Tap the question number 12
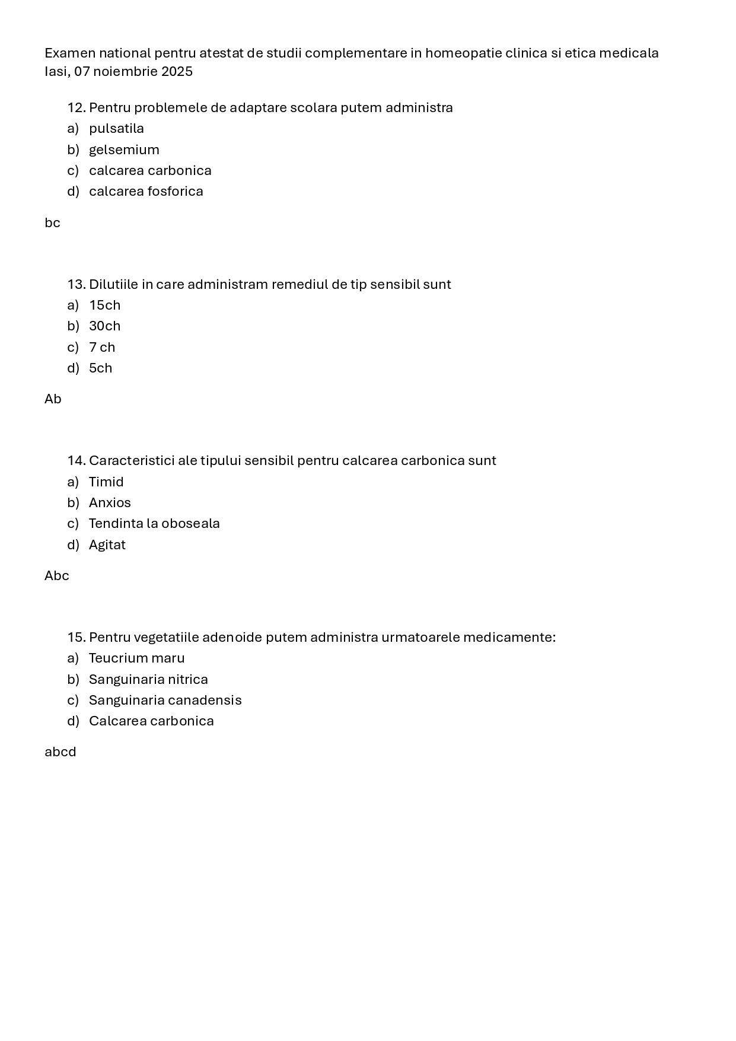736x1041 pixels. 77,108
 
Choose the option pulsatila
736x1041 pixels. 116,129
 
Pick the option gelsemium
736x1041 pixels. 124,149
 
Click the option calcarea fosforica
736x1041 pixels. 146,192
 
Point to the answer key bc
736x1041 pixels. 52,223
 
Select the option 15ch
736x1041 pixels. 104,305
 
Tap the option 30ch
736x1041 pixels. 104,326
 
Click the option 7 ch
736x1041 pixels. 102,347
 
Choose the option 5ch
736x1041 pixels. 100,368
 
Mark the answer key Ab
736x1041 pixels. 53,399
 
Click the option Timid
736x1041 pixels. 106,482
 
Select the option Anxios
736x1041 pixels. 110,503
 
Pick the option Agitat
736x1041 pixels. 107,545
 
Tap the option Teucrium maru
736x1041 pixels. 136,658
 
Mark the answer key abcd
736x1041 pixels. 60,752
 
